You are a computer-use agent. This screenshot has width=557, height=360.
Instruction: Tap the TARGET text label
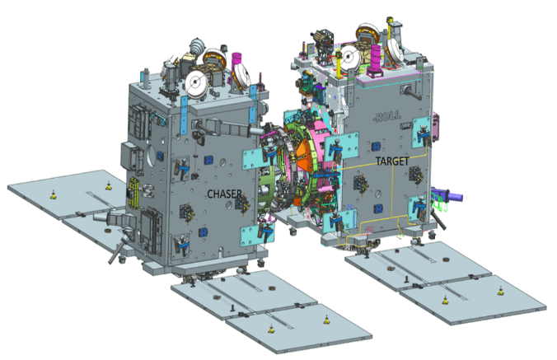tap(392, 161)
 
